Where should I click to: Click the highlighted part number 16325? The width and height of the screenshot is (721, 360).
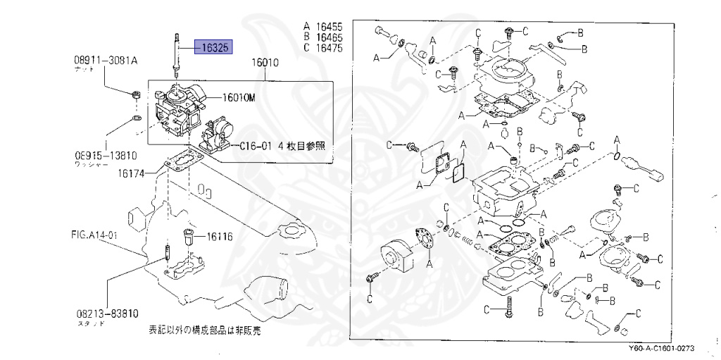pyautogui.click(x=215, y=48)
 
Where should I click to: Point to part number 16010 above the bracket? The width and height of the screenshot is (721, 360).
pyautogui.click(x=265, y=63)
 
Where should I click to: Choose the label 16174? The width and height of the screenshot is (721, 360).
pyautogui.click(x=132, y=172)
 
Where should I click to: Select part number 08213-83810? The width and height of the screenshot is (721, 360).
pyautogui.click(x=104, y=314)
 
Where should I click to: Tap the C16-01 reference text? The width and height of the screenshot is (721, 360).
pyautogui.click(x=282, y=147)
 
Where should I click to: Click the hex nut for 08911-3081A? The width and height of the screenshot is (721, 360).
pyautogui.click(x=136, y=94)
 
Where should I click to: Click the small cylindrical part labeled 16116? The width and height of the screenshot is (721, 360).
pyautogui.click(x=189, y=235)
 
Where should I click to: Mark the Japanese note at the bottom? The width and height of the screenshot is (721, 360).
pyautogui.click(x=199, y=329)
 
